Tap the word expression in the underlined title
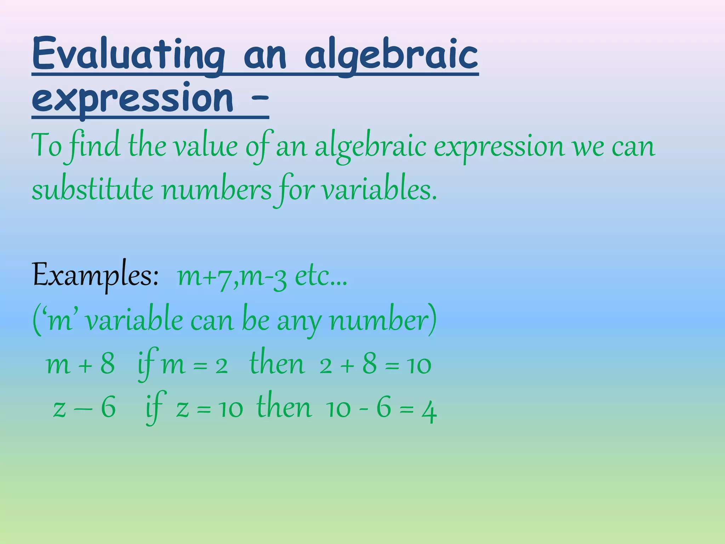tap(132, 98)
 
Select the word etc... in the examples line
tap(321, 277)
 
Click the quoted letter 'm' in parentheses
tap(60, 321)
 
